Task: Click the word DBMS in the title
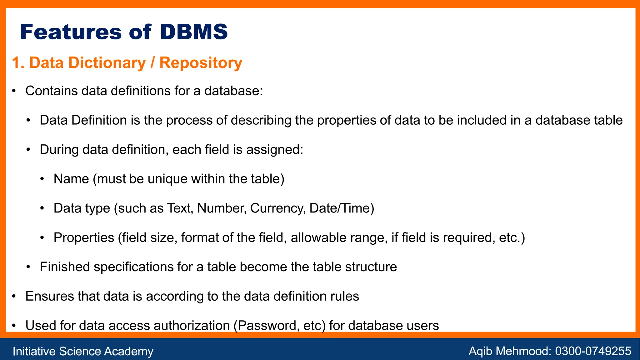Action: click(x=194, y=32)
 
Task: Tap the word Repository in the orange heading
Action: click(x=201, y=63)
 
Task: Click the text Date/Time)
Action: click(x=342, y=208)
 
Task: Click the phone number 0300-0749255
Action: click(x=593, y=351)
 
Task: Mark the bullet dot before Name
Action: click(x=42, y=179)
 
